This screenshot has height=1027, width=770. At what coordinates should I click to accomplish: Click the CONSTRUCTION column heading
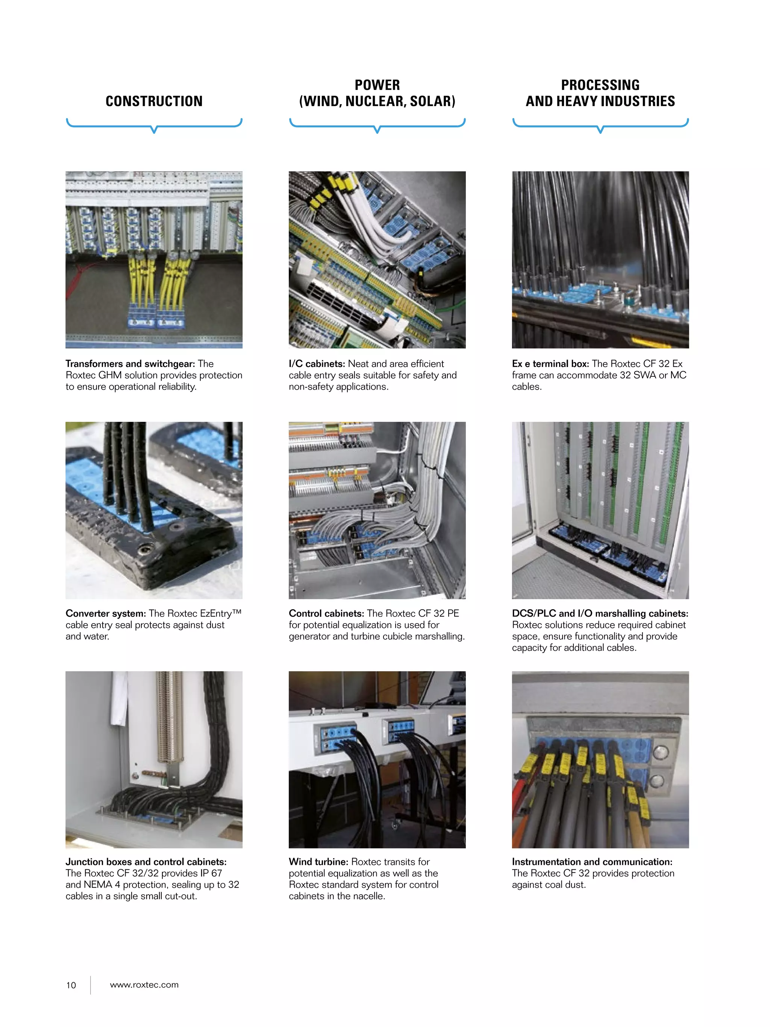tap(154, 101)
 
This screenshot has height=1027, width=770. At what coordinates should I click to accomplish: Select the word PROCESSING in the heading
tap(600, 85)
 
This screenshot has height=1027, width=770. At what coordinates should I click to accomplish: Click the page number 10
tap(71, 985)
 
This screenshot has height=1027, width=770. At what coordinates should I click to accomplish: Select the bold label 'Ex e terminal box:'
tap(550, 364)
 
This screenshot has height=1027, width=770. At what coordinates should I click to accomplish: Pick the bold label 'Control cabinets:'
tap(326, 613)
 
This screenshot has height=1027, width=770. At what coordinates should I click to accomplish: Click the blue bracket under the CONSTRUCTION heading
tap(154, 124)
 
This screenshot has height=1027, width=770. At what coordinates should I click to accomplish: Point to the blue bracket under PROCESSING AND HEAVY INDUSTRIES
tap(600, 124)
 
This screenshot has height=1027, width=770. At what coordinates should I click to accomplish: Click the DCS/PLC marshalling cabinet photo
tap(600, 510)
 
